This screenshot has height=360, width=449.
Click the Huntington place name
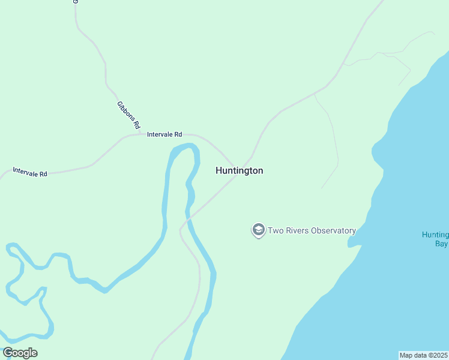click(x=239, y=171)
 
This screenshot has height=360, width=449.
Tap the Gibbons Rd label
click(x=128, y=115)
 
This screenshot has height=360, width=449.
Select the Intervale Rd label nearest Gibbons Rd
click(x=164, y=135)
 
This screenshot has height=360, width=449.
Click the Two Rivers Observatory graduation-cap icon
click(x=259, y=230)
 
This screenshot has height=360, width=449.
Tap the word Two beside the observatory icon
click(x=274, y=230)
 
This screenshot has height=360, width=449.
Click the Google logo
click(x=20, y=353)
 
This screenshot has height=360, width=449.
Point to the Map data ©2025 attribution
click(x=424, y=355)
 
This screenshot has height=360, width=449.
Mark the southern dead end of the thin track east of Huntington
click(x=322, y=188)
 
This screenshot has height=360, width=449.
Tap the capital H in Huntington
click(x=219, y=171)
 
